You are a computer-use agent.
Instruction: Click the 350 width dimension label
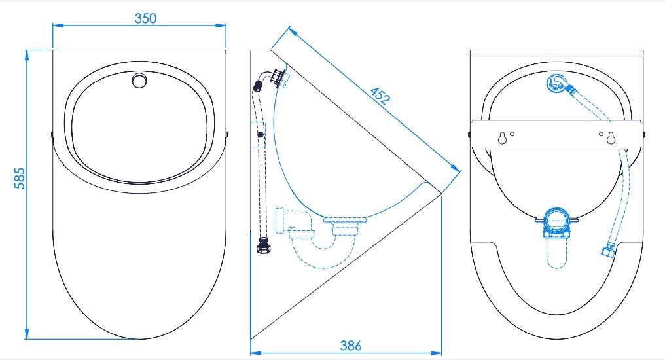(145, 18)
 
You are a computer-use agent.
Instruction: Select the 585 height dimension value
(20, 179)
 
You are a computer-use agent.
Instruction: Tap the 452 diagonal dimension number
(379, 96)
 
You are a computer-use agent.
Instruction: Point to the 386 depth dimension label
(351, 346)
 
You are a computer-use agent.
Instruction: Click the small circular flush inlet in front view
(139, 81)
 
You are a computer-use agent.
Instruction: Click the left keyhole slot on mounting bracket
(503, 138)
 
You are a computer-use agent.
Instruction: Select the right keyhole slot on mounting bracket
(611, 138)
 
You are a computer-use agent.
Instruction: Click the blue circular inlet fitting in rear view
(554, 82)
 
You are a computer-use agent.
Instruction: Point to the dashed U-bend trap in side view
(322, 255)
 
